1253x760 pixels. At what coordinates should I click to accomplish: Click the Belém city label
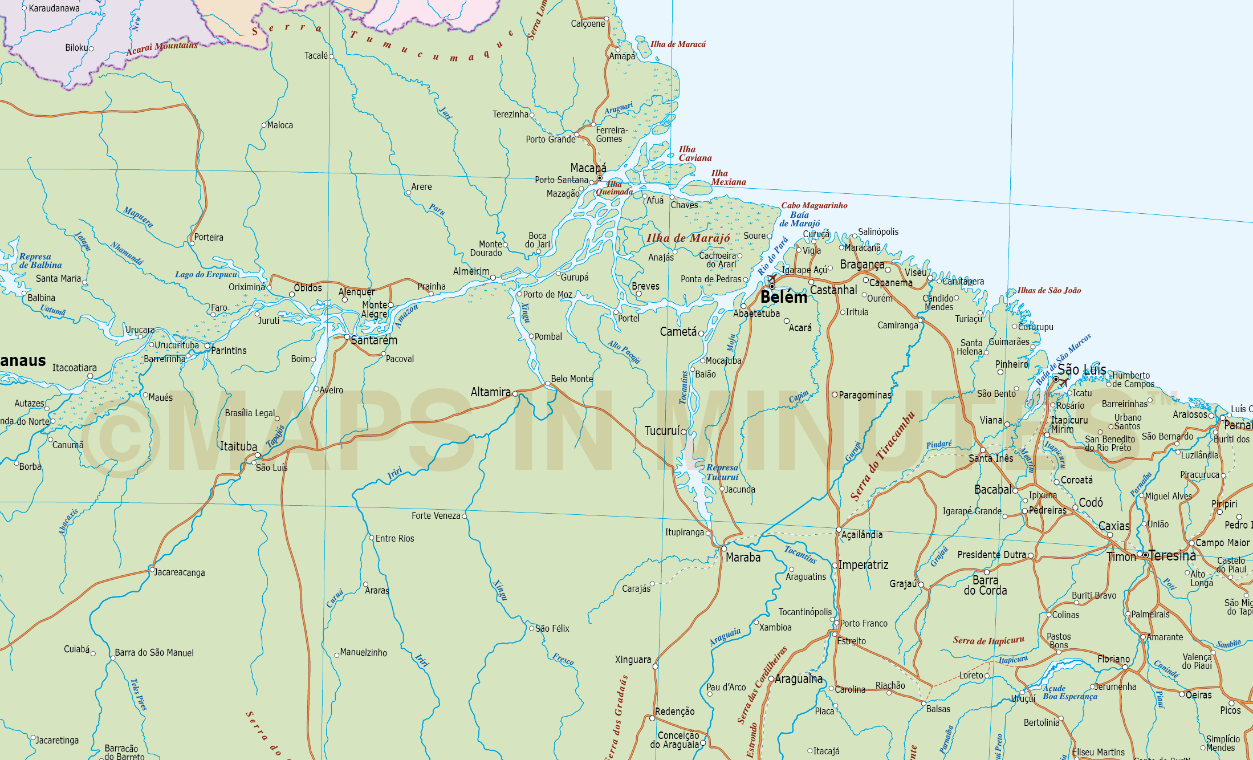pyautogui.click(x=783, y=297)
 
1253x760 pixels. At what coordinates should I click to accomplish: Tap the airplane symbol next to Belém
pyautogui.click(x=772, y=278)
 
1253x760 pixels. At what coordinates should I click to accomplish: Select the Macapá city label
pyautogui.click(x=588, y=168)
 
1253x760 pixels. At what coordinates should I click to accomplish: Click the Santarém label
pyautogui.click(x=374, y=340)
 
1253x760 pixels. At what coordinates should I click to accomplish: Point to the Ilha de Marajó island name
pyautogui.click(x=688, y=238)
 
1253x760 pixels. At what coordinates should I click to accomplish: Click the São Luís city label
pyautogui.click(x=1081, y=370)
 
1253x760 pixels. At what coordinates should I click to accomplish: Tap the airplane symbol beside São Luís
pyautogui.click(x=1064, y=382)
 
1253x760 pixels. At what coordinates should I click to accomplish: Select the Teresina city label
pyautogui.click(x=1172, y=555)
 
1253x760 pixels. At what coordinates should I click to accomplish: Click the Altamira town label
pyautogui.click(x=490, y=392)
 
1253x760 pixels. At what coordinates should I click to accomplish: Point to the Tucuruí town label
pyautogui.click(x=662, y=431)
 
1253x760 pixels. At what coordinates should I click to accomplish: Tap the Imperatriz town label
pyautogui.click(x=863, y=565)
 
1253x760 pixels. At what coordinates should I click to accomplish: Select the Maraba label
pyautogui.click(x=743, y=558)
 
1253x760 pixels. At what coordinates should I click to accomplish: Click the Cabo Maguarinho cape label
pyautogui.click(x=814, y=205)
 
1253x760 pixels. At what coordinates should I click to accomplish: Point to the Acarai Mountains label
pyautogui.click(x=162, y=48)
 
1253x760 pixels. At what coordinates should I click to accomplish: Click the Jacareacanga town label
pyautogui.click(x=179, y=572)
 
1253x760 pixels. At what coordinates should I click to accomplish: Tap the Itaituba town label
pyautogui.click(x=238, y=446)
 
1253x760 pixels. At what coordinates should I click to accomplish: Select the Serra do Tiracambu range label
pyautogui.click(x=882, y=456)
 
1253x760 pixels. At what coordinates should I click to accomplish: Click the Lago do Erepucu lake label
pyautogui.click(x=206, y=274)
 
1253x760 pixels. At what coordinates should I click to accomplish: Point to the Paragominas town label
pyautogui.click(x=865, y=395)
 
